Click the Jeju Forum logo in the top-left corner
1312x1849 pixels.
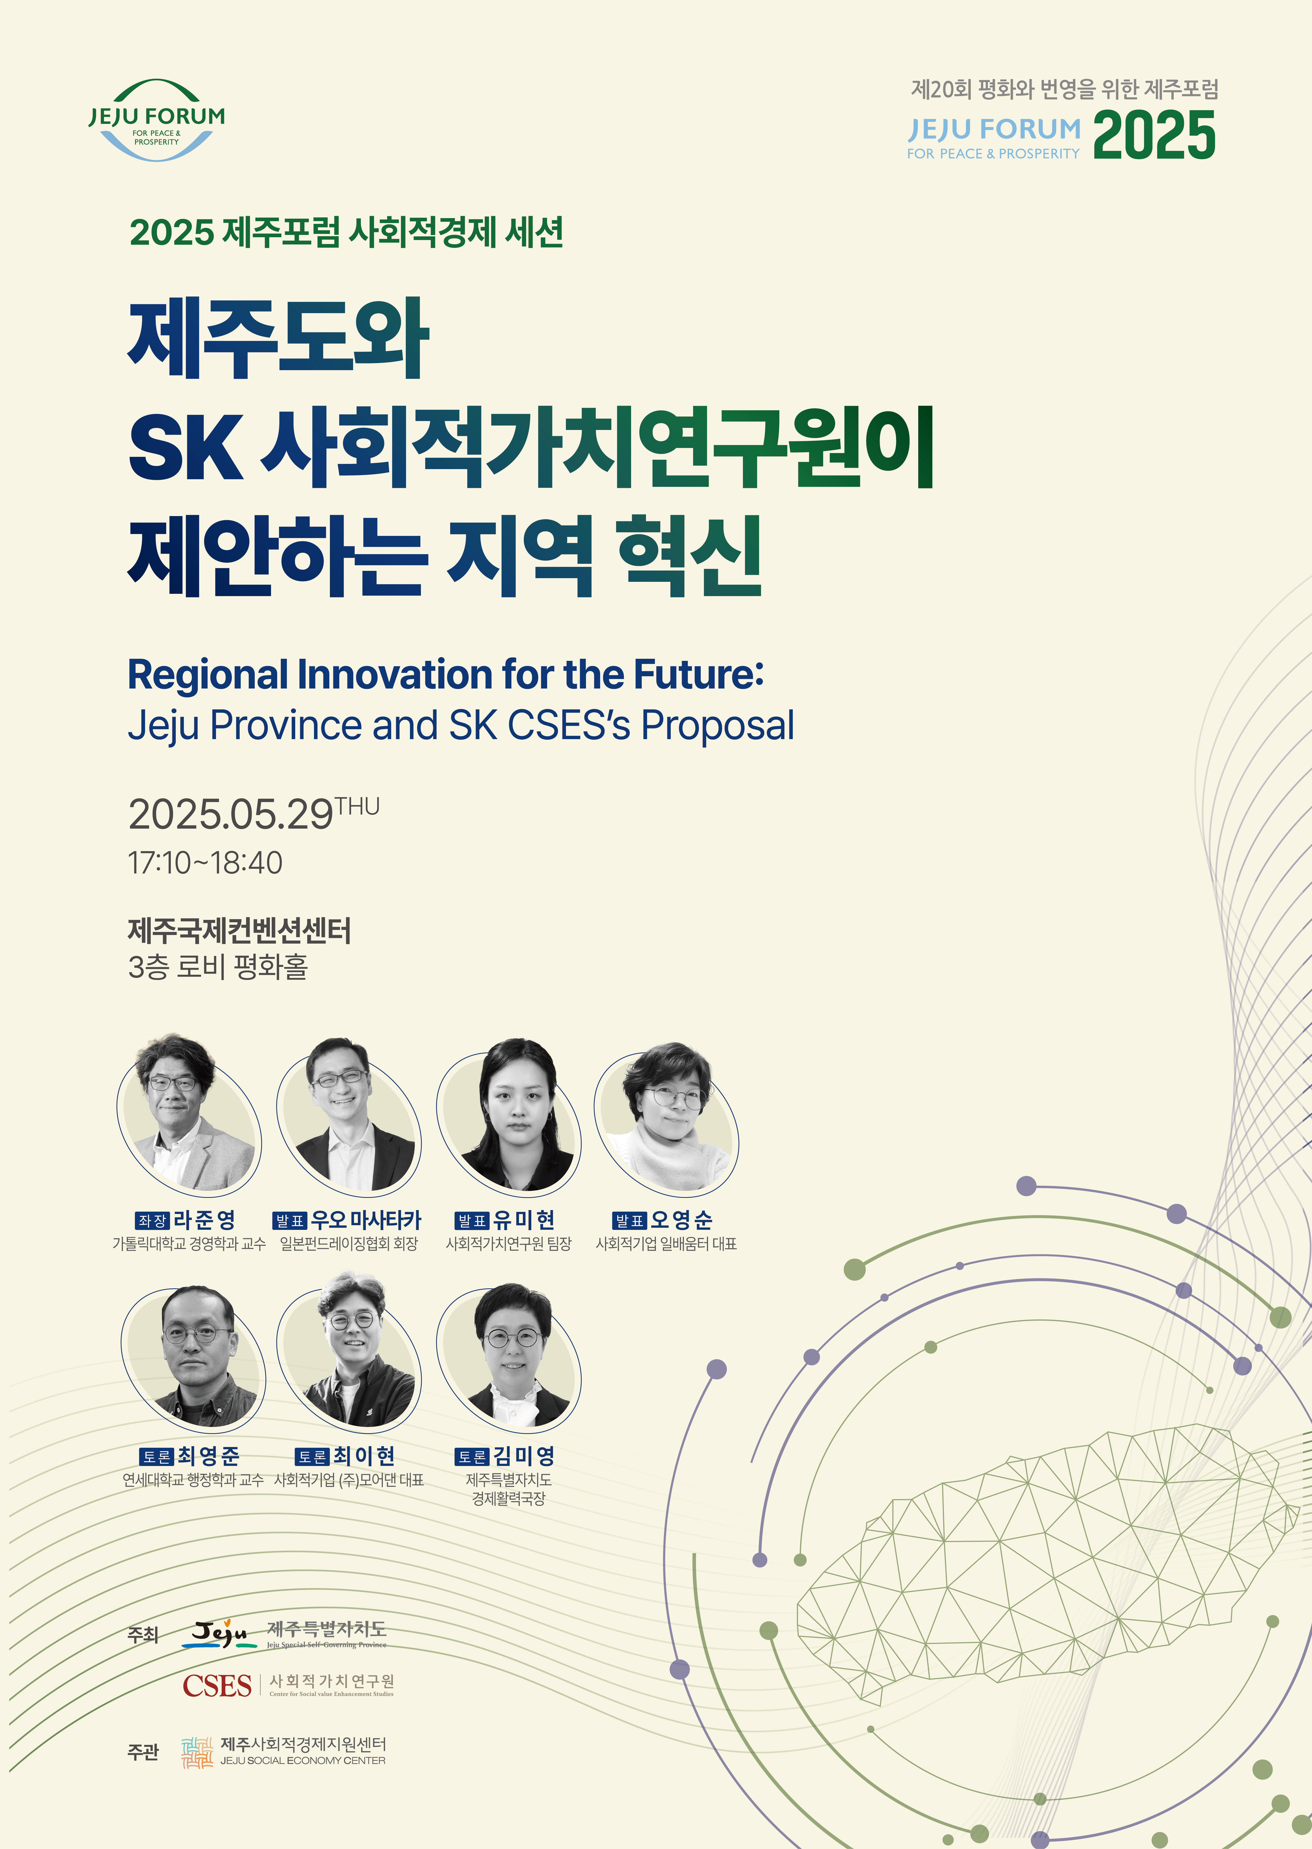pos(157,119)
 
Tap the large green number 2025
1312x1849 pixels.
pos(1154,135)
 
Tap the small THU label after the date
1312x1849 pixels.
pos(357,806)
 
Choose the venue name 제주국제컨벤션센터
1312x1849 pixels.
pos(239,931)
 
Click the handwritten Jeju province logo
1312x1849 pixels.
pos(220,1634)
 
